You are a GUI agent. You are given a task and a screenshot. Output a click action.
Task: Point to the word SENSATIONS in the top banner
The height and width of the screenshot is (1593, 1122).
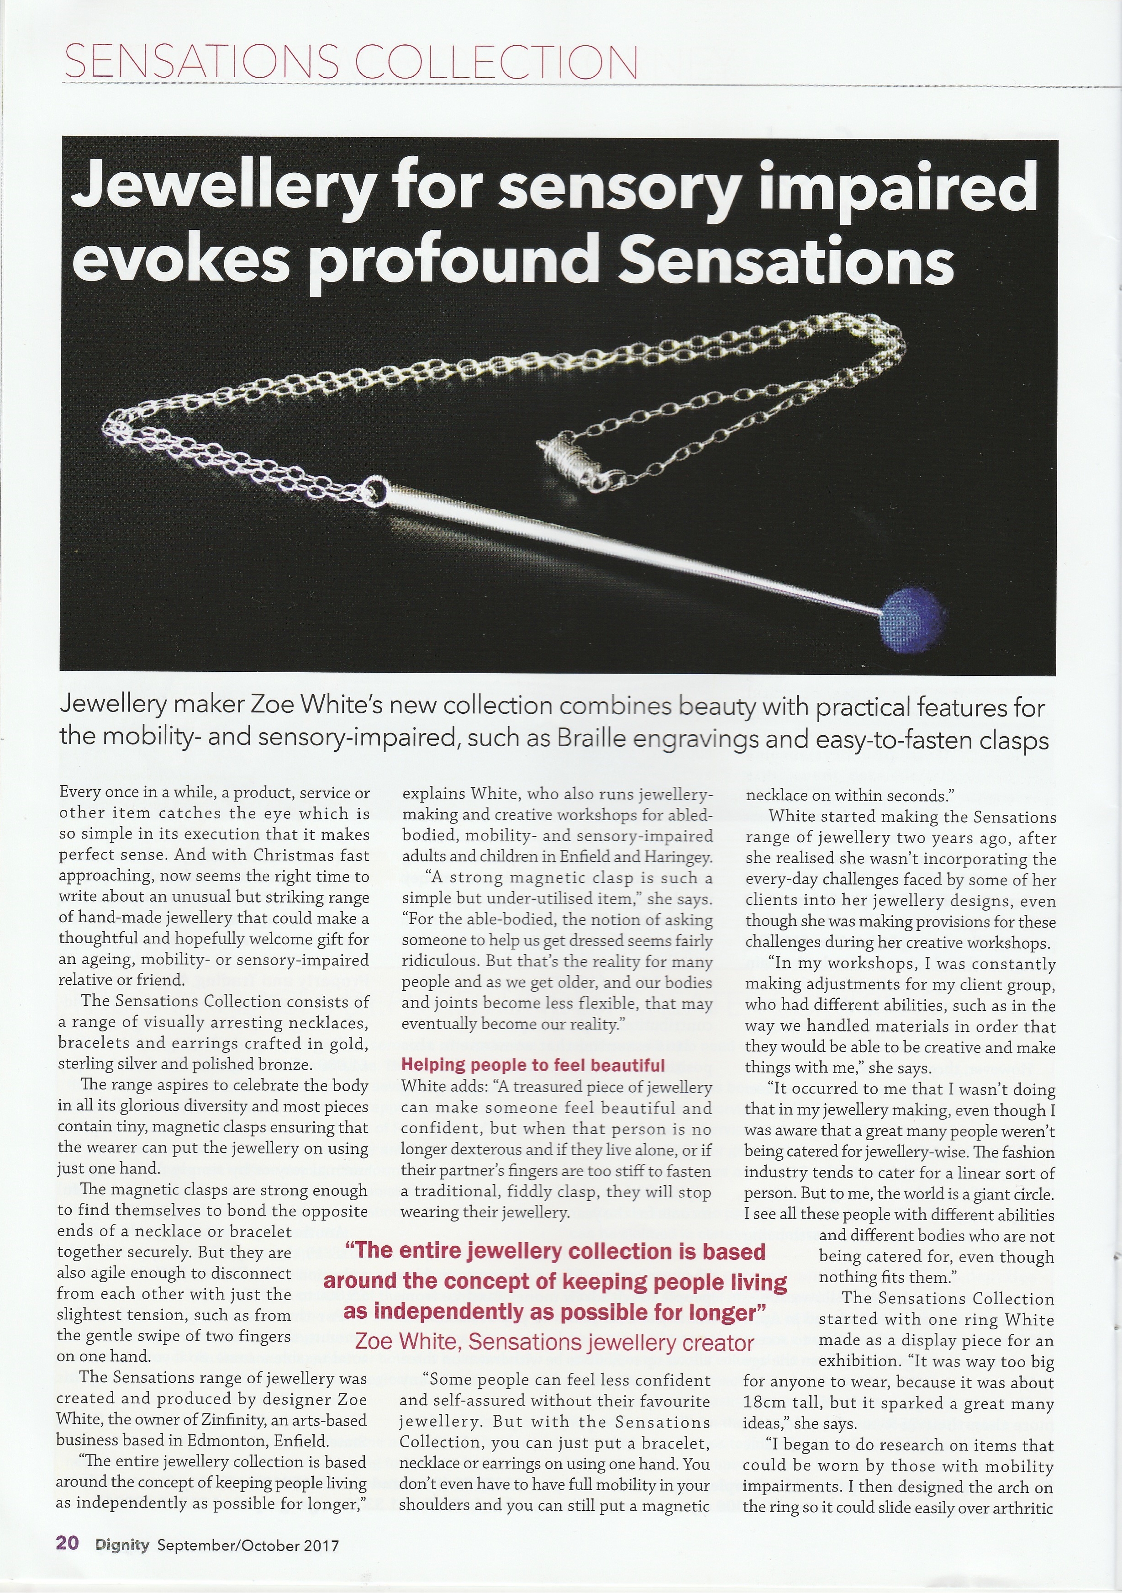click(200, 63)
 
